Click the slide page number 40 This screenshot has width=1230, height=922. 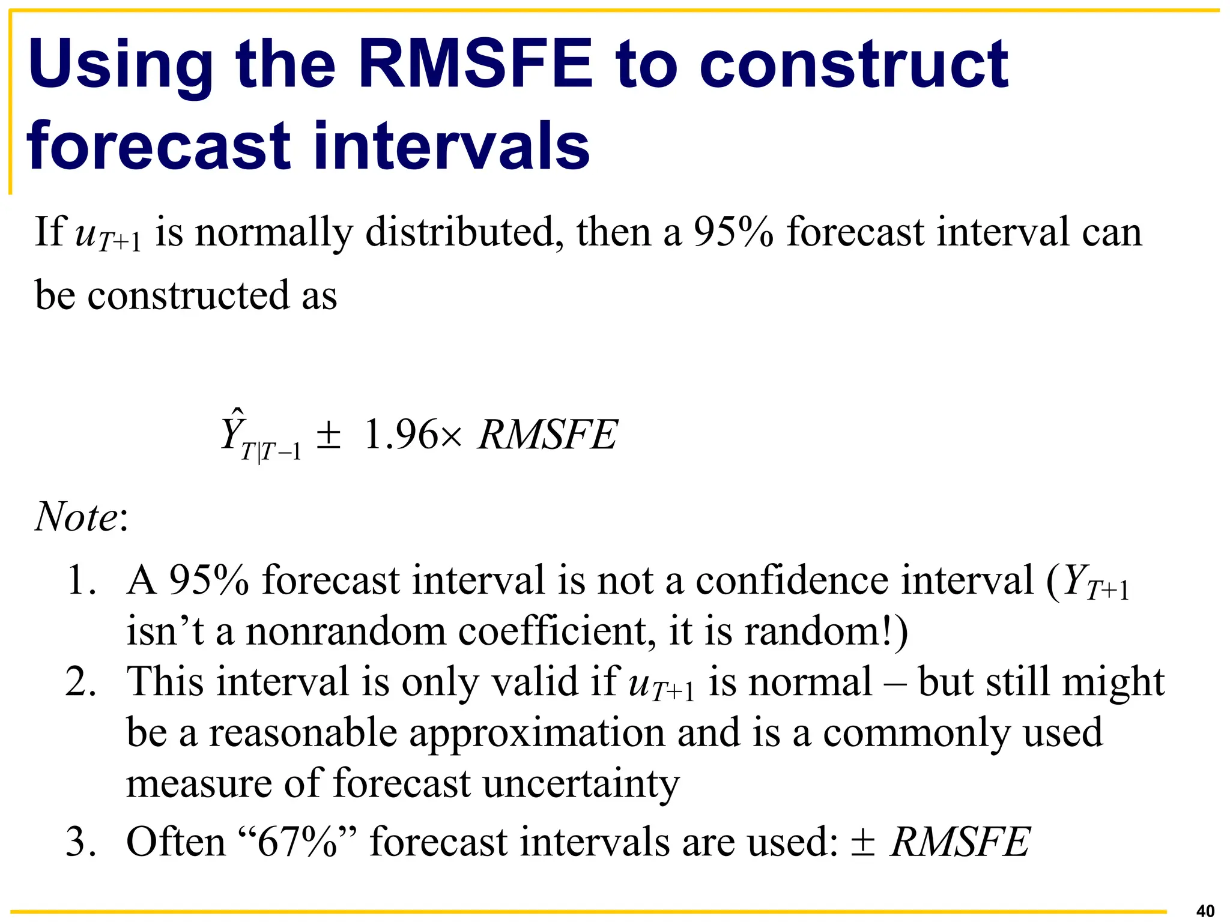[1205, 911]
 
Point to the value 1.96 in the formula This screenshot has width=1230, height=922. [401, 434]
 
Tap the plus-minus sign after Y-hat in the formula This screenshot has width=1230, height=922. [329, 435]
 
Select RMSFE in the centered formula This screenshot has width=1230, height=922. [547, 434]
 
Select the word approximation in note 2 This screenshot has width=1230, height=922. [537, 734]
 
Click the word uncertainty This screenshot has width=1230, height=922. [581, 784]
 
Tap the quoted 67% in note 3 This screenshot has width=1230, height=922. [298, 842]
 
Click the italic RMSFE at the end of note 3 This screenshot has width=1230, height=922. [960, 842]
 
